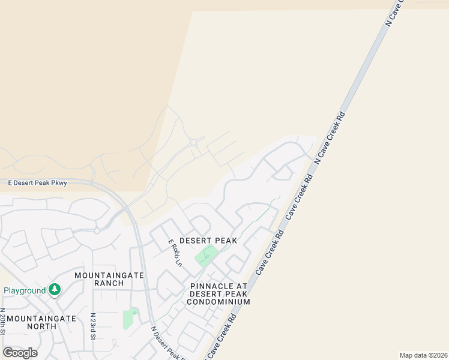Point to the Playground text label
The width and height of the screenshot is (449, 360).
click(x=25, y=290)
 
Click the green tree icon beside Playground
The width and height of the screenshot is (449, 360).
click(x=55, y=290)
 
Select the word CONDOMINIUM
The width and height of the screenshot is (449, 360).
click(x=218, y=302)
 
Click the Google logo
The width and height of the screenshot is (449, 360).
click(x=20, y=352)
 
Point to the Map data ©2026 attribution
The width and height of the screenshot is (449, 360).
click(x=423, y=355)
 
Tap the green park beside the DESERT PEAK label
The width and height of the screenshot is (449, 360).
click(x=206, y=256)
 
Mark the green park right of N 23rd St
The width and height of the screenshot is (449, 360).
click(x=128, y=319)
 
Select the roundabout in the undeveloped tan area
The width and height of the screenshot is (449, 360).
click(x=194, y=142)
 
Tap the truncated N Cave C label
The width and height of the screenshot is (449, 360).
click(x=396, y=12)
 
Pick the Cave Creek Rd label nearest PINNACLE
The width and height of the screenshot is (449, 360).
click(x=270, y=252)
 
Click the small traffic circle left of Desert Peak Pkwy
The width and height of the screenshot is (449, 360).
click(x=96, y=230)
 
